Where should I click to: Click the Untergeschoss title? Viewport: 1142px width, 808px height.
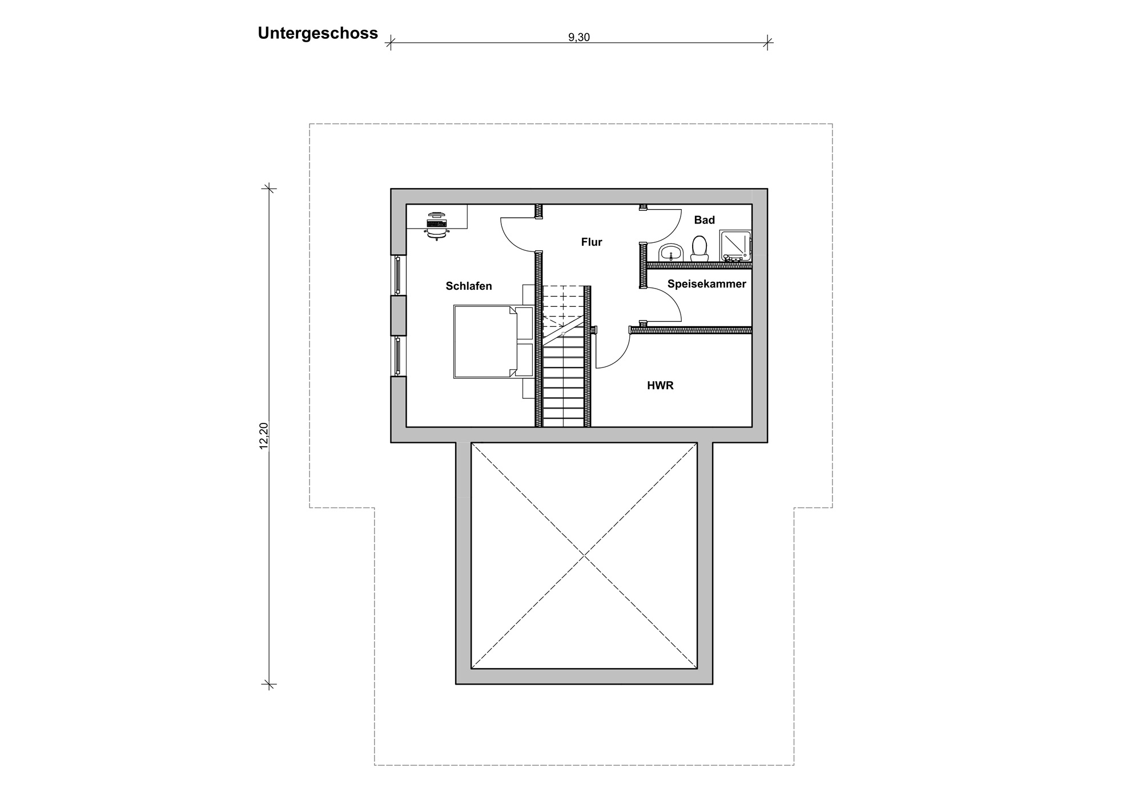point(317,34)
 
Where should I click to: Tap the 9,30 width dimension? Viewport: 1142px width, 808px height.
point(579,38)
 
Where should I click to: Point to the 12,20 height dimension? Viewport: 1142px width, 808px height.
point(264,435)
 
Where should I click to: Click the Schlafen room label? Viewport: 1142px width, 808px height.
point(469,286)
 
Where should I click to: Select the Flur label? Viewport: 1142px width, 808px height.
point(592,242)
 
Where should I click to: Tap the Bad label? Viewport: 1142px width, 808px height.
point(705,220)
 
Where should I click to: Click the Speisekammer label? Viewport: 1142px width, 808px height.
point(707,284)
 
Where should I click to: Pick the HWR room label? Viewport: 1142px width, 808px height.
point(660,386)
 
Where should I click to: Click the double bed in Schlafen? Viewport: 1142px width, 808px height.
point(493,342)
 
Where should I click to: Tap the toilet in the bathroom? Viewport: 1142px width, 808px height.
point(699,247)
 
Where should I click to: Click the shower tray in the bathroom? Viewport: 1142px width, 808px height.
point(735,245)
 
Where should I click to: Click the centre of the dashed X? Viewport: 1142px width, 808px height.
point(584,555)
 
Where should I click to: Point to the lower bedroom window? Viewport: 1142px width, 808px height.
point(398,356)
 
